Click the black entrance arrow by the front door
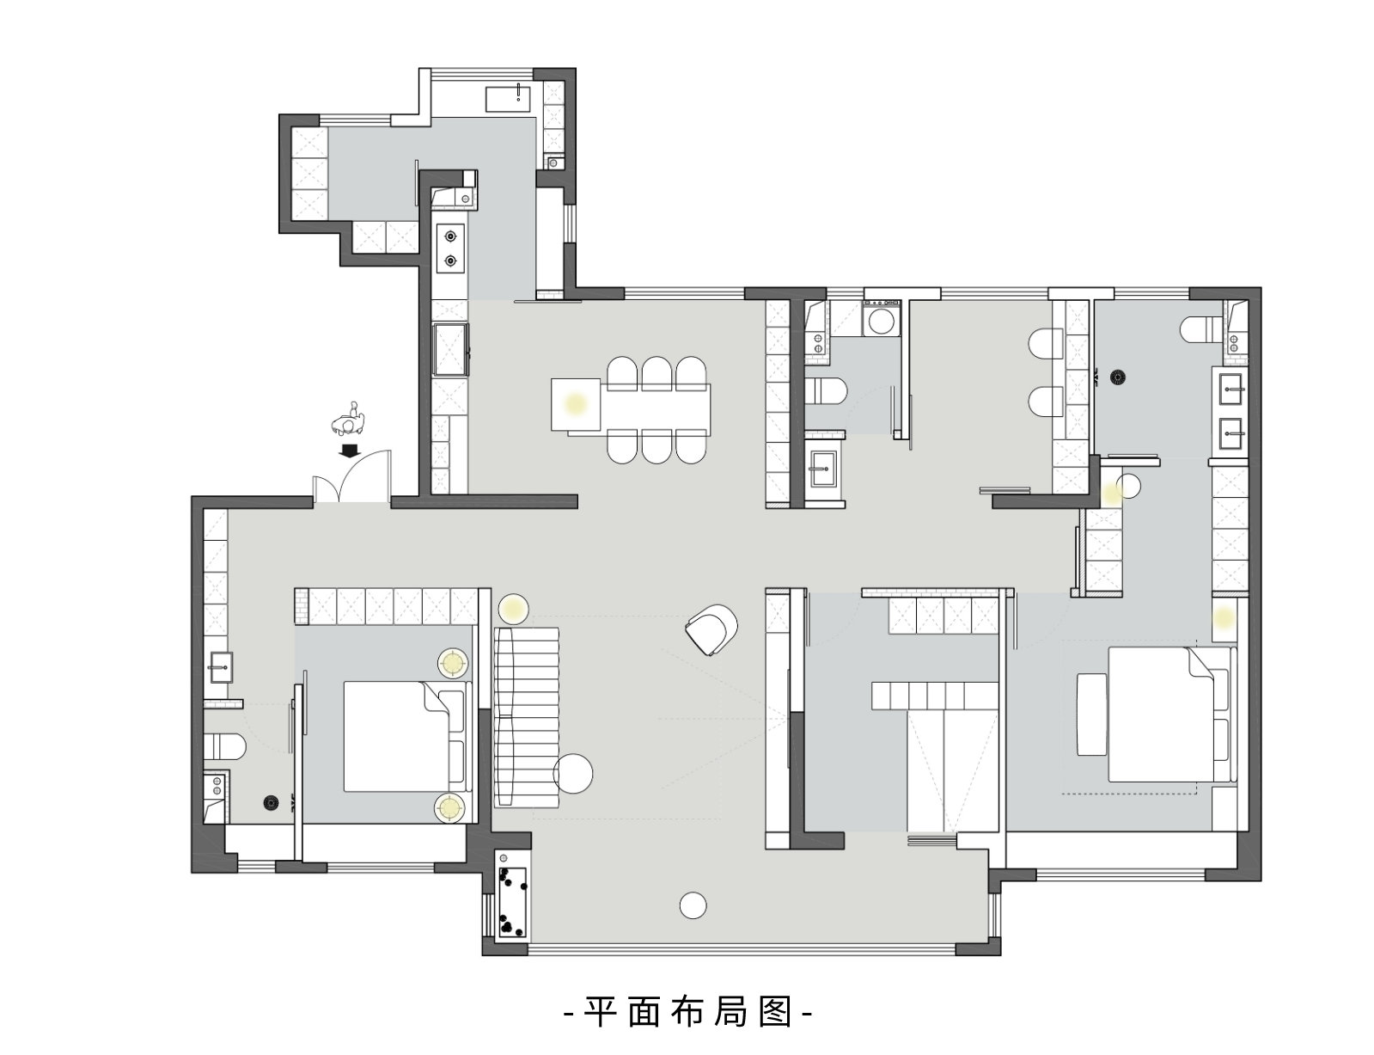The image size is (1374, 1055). [x=350, y=451]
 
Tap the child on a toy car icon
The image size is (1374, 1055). [x=347, y=420]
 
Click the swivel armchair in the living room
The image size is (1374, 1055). [x=712, y=628]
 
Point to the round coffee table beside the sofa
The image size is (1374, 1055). [x=573, y=773]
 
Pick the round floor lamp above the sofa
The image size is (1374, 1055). [x=514, y=610]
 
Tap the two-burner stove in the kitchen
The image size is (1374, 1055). [x=450, y=248]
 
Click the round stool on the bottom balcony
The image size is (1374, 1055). [x=693, y=905]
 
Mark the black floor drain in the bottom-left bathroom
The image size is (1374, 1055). [x=271, y=803]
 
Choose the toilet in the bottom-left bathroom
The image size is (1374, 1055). [x=224, y=747]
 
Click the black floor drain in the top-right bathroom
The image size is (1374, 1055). [x=1118, y=377]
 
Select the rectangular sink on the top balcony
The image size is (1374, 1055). [x=509, y=99]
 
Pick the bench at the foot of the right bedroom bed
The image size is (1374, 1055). [x=1092, y=715]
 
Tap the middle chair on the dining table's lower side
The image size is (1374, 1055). [x=657, y=446]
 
